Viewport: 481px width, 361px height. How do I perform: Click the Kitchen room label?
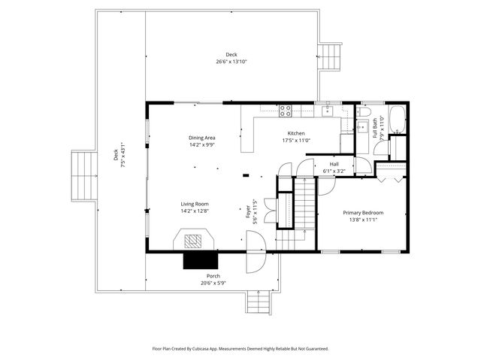[296, 133]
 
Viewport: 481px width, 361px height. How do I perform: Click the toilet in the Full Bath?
[363, 127]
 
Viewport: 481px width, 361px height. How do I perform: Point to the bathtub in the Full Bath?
[398, 121]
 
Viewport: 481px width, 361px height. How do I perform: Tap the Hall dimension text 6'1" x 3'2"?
[334, 171]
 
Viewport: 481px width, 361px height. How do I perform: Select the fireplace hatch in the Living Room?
[195, 241]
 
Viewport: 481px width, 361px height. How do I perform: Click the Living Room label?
[195, 204]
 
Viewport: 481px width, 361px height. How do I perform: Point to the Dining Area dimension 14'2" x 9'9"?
[202, 144]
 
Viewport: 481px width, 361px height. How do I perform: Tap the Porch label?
[213, 276]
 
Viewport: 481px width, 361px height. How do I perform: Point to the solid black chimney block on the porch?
[201, 260]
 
